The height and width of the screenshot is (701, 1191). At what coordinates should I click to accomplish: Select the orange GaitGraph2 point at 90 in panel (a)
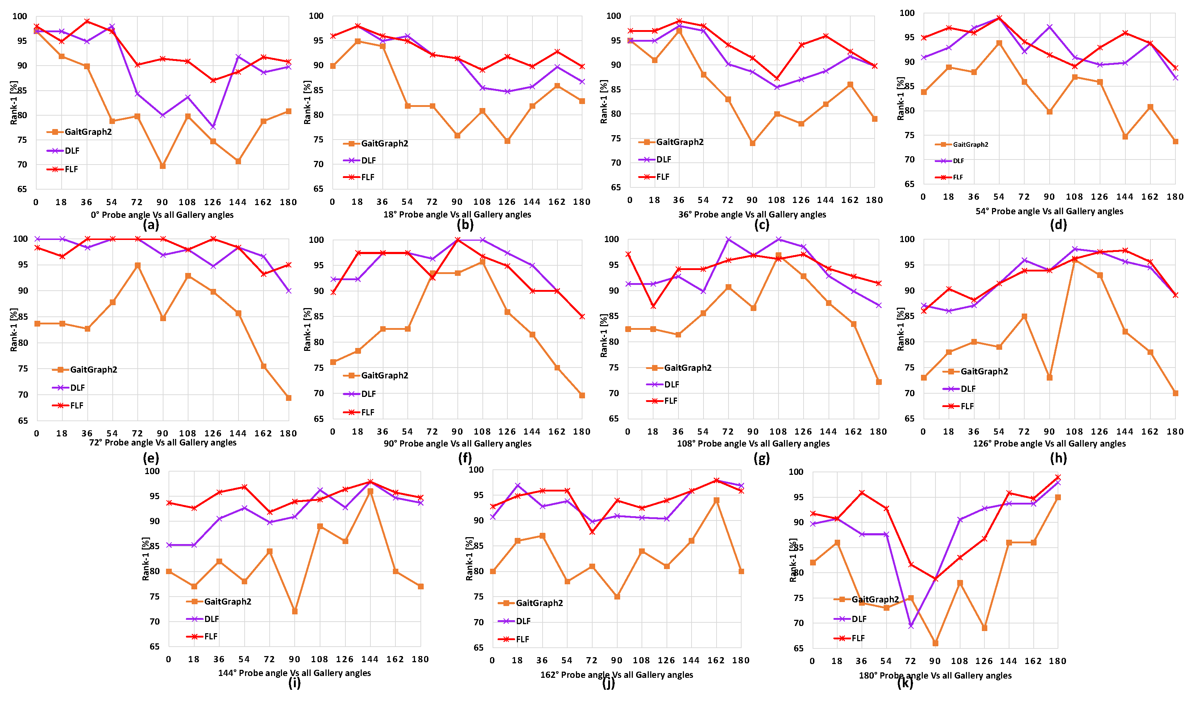point(163,166)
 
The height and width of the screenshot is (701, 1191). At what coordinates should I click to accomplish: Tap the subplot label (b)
point(465,225)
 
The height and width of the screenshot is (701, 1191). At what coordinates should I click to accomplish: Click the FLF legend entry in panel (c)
point(663,177)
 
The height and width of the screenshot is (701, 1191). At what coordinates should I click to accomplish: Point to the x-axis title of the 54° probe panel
point(1049,211)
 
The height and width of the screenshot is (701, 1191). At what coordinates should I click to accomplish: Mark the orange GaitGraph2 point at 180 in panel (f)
point(582,396)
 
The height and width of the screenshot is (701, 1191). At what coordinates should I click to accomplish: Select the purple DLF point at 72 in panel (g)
point(728,239)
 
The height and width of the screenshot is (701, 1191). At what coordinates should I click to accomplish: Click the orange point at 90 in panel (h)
point(1049,378)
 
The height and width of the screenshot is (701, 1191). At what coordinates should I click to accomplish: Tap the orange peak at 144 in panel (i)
point(370,491)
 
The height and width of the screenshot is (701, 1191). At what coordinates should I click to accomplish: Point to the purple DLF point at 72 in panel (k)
point(911,626)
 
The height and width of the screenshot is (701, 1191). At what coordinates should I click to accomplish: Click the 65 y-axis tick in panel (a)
point(22,189)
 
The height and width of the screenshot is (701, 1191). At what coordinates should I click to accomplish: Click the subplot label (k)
point(905,684)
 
